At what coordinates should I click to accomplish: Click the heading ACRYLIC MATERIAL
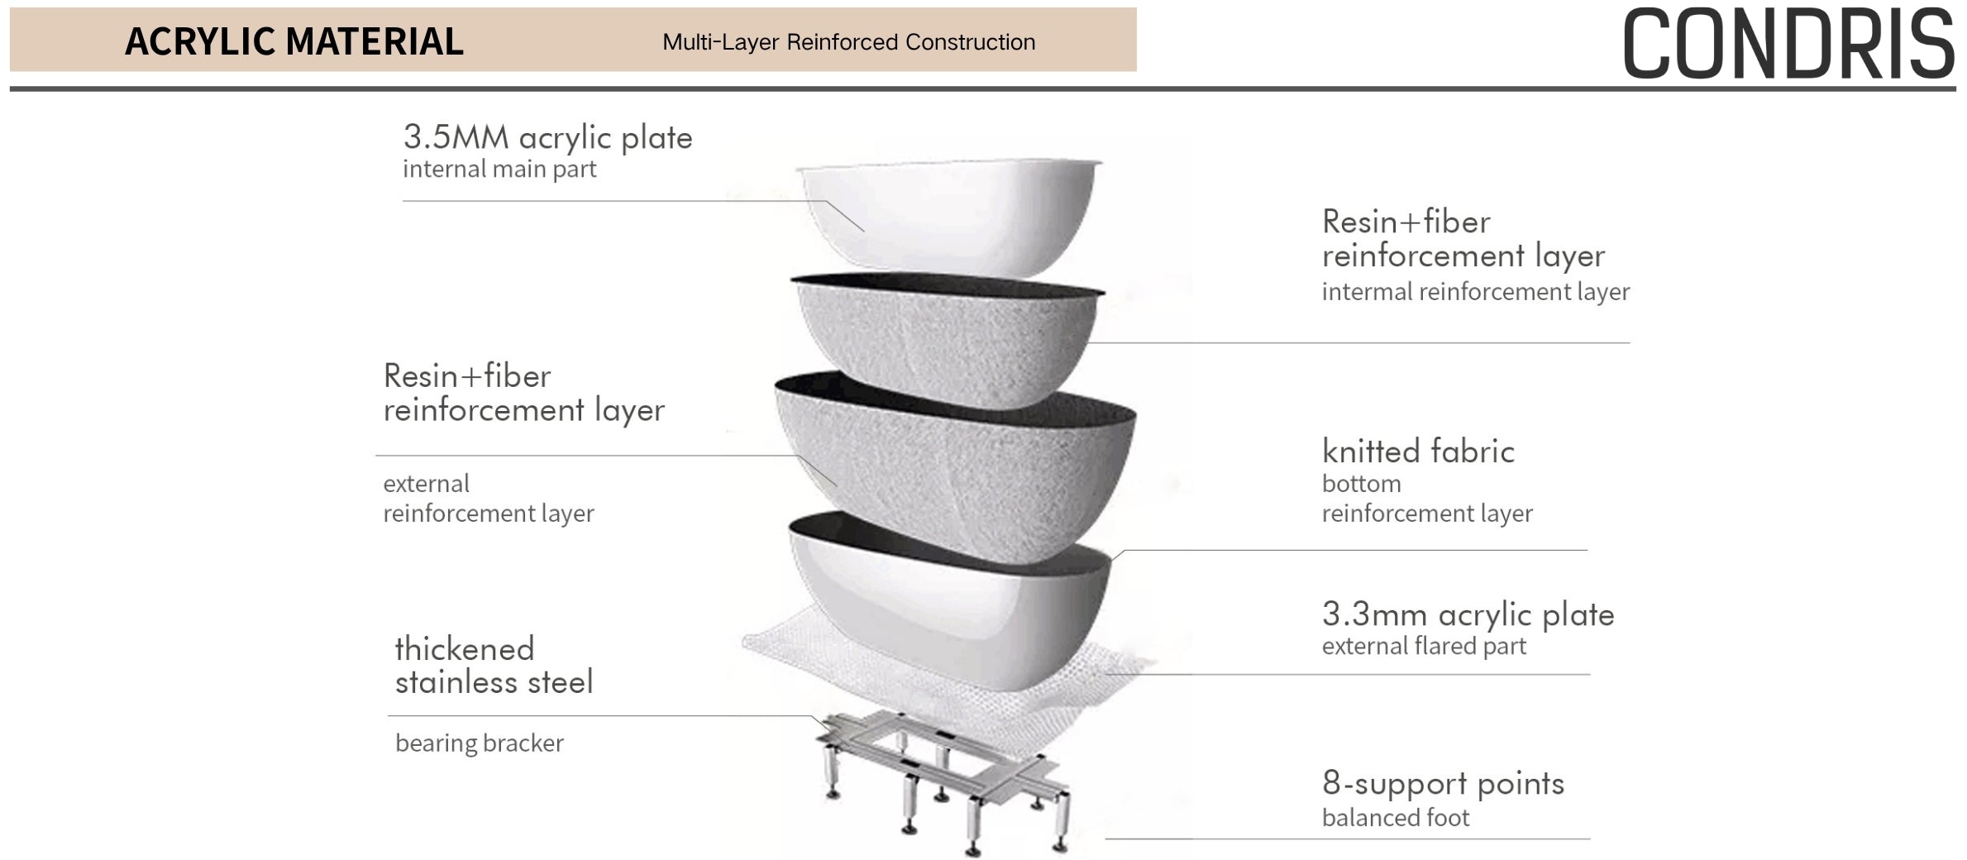pos(294,41)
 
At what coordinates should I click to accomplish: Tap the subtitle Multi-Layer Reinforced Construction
pos(848,42)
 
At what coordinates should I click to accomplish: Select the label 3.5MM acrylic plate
pos(547,137)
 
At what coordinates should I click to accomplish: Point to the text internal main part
pos(499,170)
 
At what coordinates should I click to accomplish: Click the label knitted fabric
pos(1418,451)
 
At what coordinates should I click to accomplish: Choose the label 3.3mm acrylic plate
pos(1468,614)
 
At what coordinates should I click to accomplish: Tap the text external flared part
pos(1424,647)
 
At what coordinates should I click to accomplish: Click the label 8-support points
pos(1443,783)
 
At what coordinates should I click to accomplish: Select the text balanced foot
pos(1396,818)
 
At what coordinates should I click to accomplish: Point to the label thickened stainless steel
pos(494,666)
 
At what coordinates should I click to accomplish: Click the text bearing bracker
pos(480,743)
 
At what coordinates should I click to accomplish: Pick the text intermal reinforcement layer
pos(1476,292)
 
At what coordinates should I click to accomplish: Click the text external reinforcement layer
pos(488,499)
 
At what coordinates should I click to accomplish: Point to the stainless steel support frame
pos(943,777)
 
